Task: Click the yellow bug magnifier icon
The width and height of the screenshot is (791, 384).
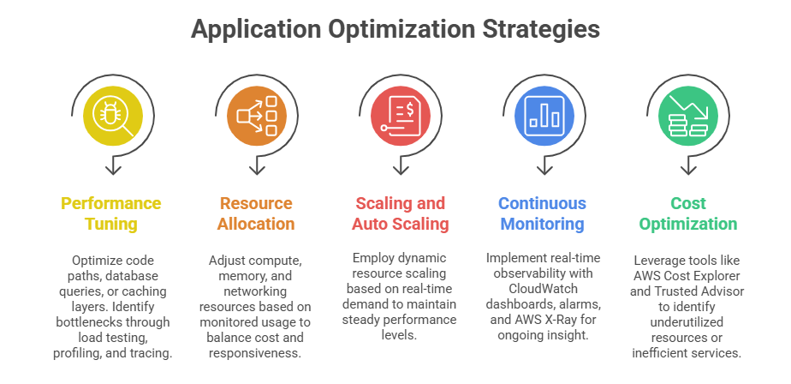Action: [113, 116]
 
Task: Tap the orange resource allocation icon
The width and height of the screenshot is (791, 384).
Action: [257, 116]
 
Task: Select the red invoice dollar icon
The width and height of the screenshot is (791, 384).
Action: [401, 116]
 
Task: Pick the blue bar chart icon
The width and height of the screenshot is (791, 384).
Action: [544, 116]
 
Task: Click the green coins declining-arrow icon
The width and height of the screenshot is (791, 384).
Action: [688, 116]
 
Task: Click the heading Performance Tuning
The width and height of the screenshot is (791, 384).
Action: [111, 213]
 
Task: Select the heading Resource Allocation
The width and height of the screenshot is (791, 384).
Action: [256, 213]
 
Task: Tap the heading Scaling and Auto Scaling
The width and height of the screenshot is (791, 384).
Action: [401, 213]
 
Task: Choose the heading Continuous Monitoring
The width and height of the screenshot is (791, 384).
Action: [542, 213]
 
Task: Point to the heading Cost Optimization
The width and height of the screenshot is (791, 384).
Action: [688, 213]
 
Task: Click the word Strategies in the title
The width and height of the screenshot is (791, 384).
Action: [541, 29]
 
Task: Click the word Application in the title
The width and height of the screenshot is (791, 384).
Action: [256, 29]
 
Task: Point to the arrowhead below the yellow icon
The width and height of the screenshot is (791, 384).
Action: [113, 169]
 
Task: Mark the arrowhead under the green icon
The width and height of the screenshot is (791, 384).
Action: [688, 169]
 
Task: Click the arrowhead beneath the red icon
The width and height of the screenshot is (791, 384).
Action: [401, 169]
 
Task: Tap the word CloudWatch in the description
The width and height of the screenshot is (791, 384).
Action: [544, 289]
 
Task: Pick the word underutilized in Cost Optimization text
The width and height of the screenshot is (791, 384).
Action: [687, 321]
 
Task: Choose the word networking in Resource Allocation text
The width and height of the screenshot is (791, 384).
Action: [255, 291]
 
